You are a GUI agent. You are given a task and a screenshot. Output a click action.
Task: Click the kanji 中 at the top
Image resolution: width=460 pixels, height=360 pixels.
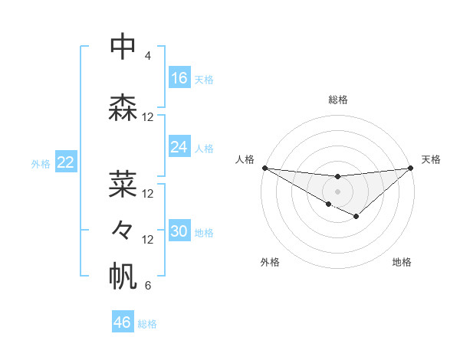coord(123,47)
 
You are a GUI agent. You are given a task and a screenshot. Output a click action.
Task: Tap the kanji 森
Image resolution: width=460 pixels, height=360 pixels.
coord(123,107)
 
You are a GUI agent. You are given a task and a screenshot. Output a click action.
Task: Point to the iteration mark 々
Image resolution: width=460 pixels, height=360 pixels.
coord(123,229)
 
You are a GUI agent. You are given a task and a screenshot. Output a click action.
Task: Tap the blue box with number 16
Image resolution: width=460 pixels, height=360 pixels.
coord(179,78)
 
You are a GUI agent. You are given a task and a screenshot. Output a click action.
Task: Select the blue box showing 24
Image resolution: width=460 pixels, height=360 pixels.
coord(179,147)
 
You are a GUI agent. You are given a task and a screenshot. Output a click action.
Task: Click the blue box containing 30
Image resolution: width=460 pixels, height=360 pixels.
coord(179,232)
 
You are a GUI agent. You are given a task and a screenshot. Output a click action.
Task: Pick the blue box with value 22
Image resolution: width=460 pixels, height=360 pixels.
coord(66,162)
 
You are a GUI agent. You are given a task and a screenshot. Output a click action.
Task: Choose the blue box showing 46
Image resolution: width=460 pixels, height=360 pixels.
coord(123,322)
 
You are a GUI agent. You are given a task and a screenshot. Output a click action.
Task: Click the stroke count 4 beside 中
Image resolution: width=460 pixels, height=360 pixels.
coord(148,56)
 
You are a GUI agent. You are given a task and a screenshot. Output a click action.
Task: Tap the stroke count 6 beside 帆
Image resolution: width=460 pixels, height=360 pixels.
coord(148,286)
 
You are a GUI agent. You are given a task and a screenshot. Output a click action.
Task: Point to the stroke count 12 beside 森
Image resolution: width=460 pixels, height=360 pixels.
coord(148,117)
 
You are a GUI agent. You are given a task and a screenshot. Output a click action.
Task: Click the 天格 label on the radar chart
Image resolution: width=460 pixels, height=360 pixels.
coord(431,159)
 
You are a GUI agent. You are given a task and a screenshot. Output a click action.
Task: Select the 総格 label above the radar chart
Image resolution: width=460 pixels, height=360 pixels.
coord(337,100)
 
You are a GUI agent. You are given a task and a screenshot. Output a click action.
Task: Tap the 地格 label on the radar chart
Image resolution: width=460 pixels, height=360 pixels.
coord(402,262)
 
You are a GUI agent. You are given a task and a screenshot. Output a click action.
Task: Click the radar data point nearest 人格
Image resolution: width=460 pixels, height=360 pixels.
coord(264,168)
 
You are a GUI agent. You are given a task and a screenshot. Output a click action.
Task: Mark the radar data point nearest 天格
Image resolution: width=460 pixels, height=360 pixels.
coord(411,168)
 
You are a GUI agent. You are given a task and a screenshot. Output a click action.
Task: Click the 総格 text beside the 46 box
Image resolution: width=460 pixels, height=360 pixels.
coord(147,324)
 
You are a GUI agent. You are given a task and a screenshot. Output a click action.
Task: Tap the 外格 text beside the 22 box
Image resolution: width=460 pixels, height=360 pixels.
coord(41,163)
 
